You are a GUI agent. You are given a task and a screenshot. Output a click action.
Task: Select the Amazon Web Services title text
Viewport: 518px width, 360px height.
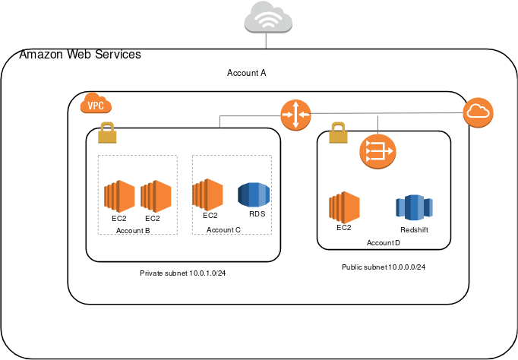(80, 55)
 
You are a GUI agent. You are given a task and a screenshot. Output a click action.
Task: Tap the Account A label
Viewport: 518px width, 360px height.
(247, 73)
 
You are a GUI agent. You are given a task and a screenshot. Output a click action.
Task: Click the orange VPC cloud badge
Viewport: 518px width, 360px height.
(96, 106)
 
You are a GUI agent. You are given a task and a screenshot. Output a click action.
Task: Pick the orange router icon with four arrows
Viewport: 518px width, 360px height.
(295, 115)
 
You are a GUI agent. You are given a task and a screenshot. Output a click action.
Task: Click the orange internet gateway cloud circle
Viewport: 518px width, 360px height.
(479, 113)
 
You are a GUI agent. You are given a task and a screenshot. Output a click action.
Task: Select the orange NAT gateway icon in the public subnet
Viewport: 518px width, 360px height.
(377, 151)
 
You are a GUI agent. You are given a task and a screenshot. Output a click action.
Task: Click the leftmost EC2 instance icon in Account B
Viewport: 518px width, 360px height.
(119, 196)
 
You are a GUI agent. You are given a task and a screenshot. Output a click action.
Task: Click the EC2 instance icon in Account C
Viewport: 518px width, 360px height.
(207, 194)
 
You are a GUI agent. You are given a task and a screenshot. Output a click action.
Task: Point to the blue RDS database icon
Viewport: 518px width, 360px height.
(253, 194)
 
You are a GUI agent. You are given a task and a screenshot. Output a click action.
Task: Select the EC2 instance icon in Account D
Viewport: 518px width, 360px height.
(343, 207)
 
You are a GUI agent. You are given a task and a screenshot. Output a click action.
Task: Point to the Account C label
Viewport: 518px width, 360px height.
(224, 229)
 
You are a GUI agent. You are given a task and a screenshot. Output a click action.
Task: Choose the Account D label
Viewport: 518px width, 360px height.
(384, 242)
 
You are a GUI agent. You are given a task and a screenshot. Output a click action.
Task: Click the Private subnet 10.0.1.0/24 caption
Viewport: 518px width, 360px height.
(183, 273)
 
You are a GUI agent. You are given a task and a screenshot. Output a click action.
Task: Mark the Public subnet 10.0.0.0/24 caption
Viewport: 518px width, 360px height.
(384, 267)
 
